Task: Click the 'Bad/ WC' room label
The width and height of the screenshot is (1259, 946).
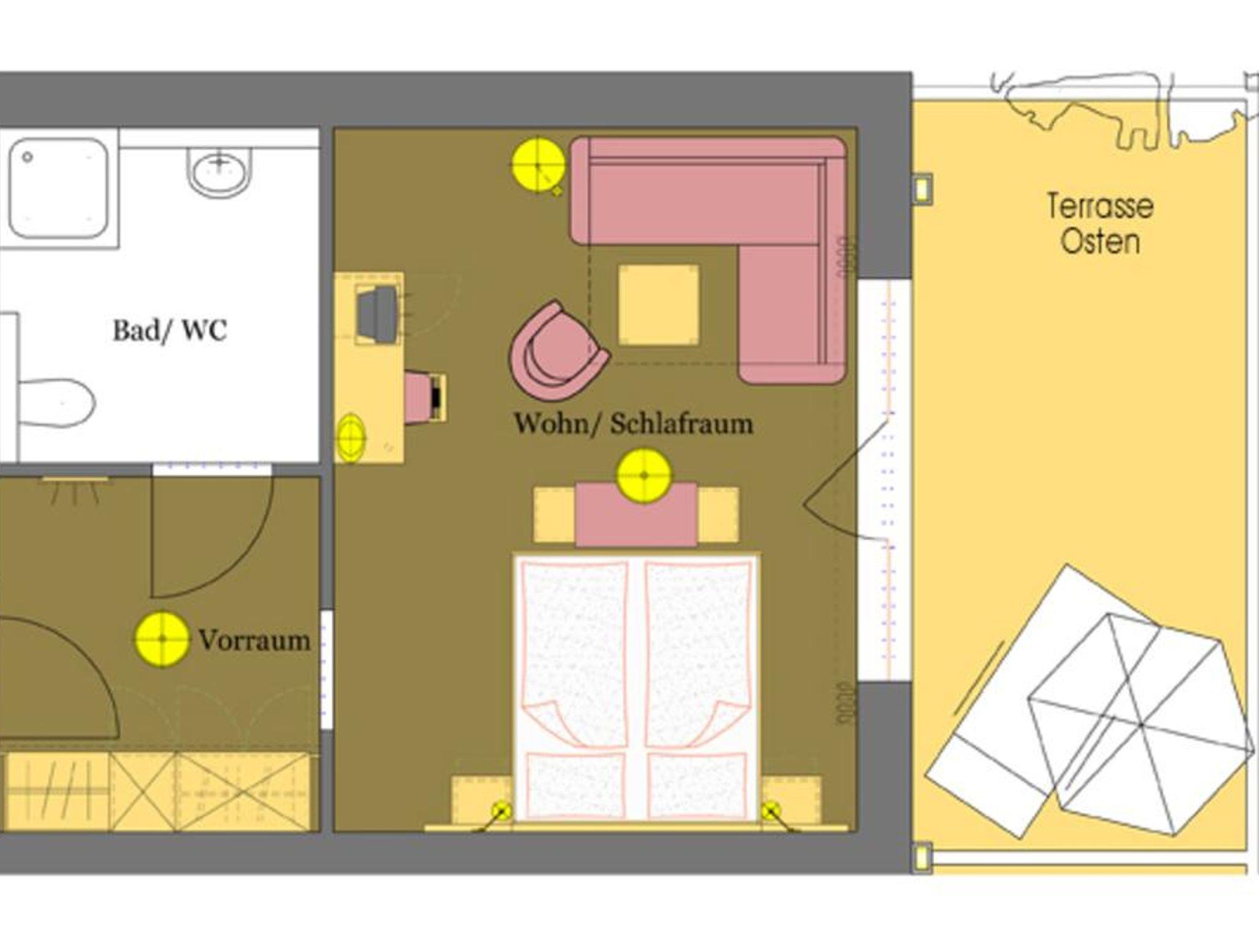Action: [170, 330]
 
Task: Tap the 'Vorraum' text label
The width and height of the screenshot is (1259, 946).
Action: [255, 640]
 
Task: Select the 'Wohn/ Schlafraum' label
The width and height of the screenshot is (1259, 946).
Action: [634, 424]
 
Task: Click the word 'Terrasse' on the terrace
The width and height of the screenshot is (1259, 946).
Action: [1100, 206]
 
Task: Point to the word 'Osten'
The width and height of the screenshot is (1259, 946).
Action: [1100, 241]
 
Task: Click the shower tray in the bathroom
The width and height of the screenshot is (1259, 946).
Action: [59, 188]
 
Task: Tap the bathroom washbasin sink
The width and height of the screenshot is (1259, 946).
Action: [219, 172]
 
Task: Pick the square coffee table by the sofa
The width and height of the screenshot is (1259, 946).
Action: [659, 304]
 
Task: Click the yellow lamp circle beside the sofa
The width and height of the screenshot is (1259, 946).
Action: [539, 165]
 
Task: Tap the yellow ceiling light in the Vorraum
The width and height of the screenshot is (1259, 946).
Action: [162, 639]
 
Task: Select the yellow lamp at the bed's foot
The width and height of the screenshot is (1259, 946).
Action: [644, 475]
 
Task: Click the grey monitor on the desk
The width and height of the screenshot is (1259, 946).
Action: [376, 314]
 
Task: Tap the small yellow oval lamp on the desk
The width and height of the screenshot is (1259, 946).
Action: [351, 437]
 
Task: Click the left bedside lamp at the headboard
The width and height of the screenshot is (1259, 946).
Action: [502, 812]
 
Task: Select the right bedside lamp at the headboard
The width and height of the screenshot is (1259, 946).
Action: [771, 812]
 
